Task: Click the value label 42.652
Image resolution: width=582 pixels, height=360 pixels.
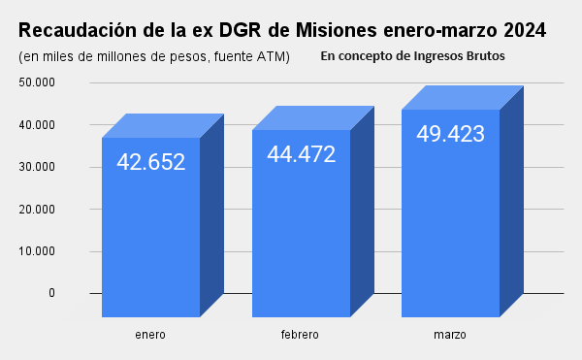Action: pyautogui.click(x=150, y=162)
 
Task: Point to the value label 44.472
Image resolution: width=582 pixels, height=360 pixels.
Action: pyautogui.click(x=301, y=153)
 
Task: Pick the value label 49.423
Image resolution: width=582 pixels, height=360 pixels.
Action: pyautogui.click(x=450, y=134)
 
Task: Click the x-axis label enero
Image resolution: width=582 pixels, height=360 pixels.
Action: pyautogui.click(x=150, y=335)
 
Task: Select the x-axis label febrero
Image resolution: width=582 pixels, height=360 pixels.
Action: pyautogui.click(x=300, y=335)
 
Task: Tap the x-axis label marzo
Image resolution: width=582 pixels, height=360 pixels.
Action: pyautogui.click(x=450, y=335)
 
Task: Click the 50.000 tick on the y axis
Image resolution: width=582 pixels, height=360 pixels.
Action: pyautogui.click(x=37, y=82)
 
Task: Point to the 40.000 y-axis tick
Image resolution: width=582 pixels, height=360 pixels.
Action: pyautogui.click(x=37, y=125)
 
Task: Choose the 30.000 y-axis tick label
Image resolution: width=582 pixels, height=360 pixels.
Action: pyautogui.click(x=37, y=167)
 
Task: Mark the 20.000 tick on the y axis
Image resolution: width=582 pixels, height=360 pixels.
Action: pyautogui.click(x=37, y=209)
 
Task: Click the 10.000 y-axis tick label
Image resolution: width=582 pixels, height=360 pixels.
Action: pyautogui.click(x=37, y=251)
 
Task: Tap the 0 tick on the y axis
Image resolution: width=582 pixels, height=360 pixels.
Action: pyautogui.click(x=51, y=293)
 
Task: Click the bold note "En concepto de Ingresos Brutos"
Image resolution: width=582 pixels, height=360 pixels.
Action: pyautogui.click(x=412, y=56)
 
